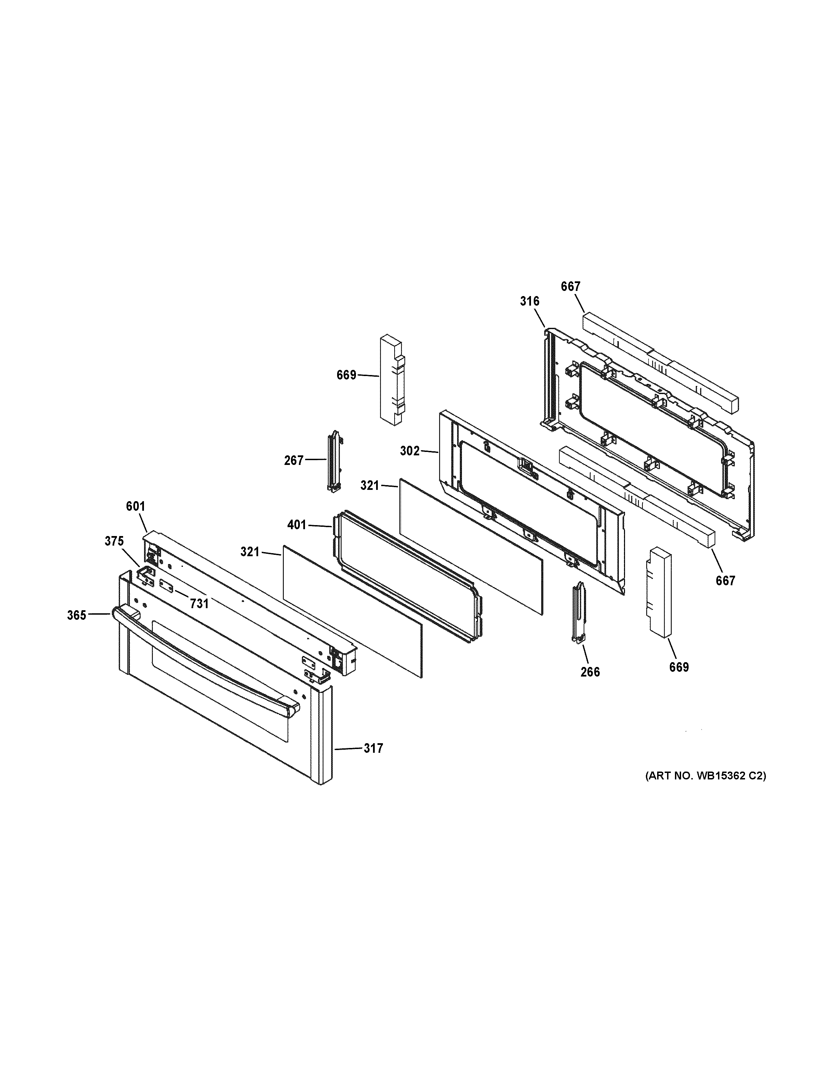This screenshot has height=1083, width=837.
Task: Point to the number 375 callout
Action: (x=114, y=541)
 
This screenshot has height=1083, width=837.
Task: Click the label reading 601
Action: (x=135, y=506)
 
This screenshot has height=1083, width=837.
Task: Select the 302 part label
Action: (x=410, y=451)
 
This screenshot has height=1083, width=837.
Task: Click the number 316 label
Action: (x=530, y=301)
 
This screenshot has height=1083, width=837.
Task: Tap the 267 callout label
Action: (x=294, y=461)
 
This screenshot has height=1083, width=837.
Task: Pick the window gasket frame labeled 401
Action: (x=407, y=575)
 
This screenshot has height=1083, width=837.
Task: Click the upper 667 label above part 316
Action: (x=570, y=286)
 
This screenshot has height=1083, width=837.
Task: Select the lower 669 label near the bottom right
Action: (x=679, y=667)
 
